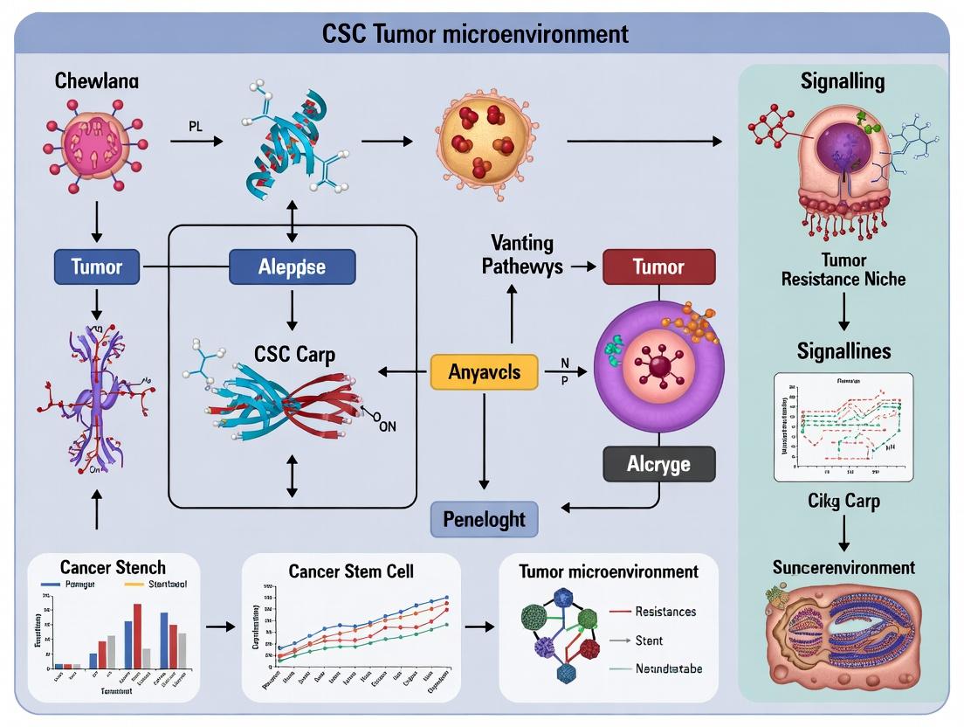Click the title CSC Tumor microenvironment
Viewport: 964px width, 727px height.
coord(475,34)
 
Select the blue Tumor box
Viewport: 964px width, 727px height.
coord(96,267)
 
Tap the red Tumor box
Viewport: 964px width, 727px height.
coord(658,267)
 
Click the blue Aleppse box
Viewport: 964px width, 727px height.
coord(292,267)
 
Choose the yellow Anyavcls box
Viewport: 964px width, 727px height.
coord(484,372)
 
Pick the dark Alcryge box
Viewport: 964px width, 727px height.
coord(658,464)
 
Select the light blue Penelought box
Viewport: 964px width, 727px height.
coord(485,519)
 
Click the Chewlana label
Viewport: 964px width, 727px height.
coord(96,81)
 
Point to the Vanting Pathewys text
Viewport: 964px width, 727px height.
coord(522,254)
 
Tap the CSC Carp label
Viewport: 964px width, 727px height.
coord(294,354)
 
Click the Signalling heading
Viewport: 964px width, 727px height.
coord(842,81)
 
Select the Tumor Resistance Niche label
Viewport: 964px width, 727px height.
coord(843,270)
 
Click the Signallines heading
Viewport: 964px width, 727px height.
coord(843,350)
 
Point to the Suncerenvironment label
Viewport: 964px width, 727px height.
coord(843,567)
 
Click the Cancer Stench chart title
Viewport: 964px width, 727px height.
coord(113,567)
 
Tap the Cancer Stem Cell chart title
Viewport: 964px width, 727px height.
coord(350,571)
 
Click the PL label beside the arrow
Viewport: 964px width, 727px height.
coord(196,125)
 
